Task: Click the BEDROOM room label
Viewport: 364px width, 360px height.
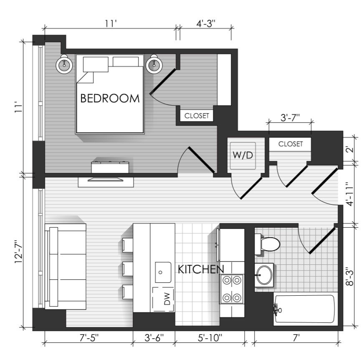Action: tap(110, 98)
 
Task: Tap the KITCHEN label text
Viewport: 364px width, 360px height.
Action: tap(201, 269)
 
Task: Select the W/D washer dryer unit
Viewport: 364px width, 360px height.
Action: tap(243, 155)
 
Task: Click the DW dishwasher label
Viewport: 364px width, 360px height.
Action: tap(167, 299)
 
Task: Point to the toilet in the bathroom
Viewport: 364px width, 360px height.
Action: tap(267, 244)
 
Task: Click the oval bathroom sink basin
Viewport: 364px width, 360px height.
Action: tap(264, 275)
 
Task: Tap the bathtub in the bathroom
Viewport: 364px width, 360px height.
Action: tap(305, 309)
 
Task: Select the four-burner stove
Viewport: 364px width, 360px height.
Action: tap(231, 289)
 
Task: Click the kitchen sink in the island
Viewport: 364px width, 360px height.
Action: tap(163, 272)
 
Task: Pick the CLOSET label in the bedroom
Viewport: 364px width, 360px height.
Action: tap(197, 116)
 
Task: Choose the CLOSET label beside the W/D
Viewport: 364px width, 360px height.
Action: tap(291, 144)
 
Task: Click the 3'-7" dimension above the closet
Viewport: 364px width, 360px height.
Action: tap(290, 117)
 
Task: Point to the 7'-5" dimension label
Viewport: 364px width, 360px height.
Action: tap(89, 338)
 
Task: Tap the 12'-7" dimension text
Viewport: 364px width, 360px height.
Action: tap(19, 251)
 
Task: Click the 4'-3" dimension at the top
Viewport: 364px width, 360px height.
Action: tap(206, 23)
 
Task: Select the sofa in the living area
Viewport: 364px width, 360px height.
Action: tap(65, 266)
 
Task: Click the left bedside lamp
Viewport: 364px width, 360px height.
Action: tap(64, 64)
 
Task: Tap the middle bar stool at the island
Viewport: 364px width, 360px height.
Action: tap(127, 269)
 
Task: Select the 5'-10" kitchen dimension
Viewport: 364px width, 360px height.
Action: tap(210, 338)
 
